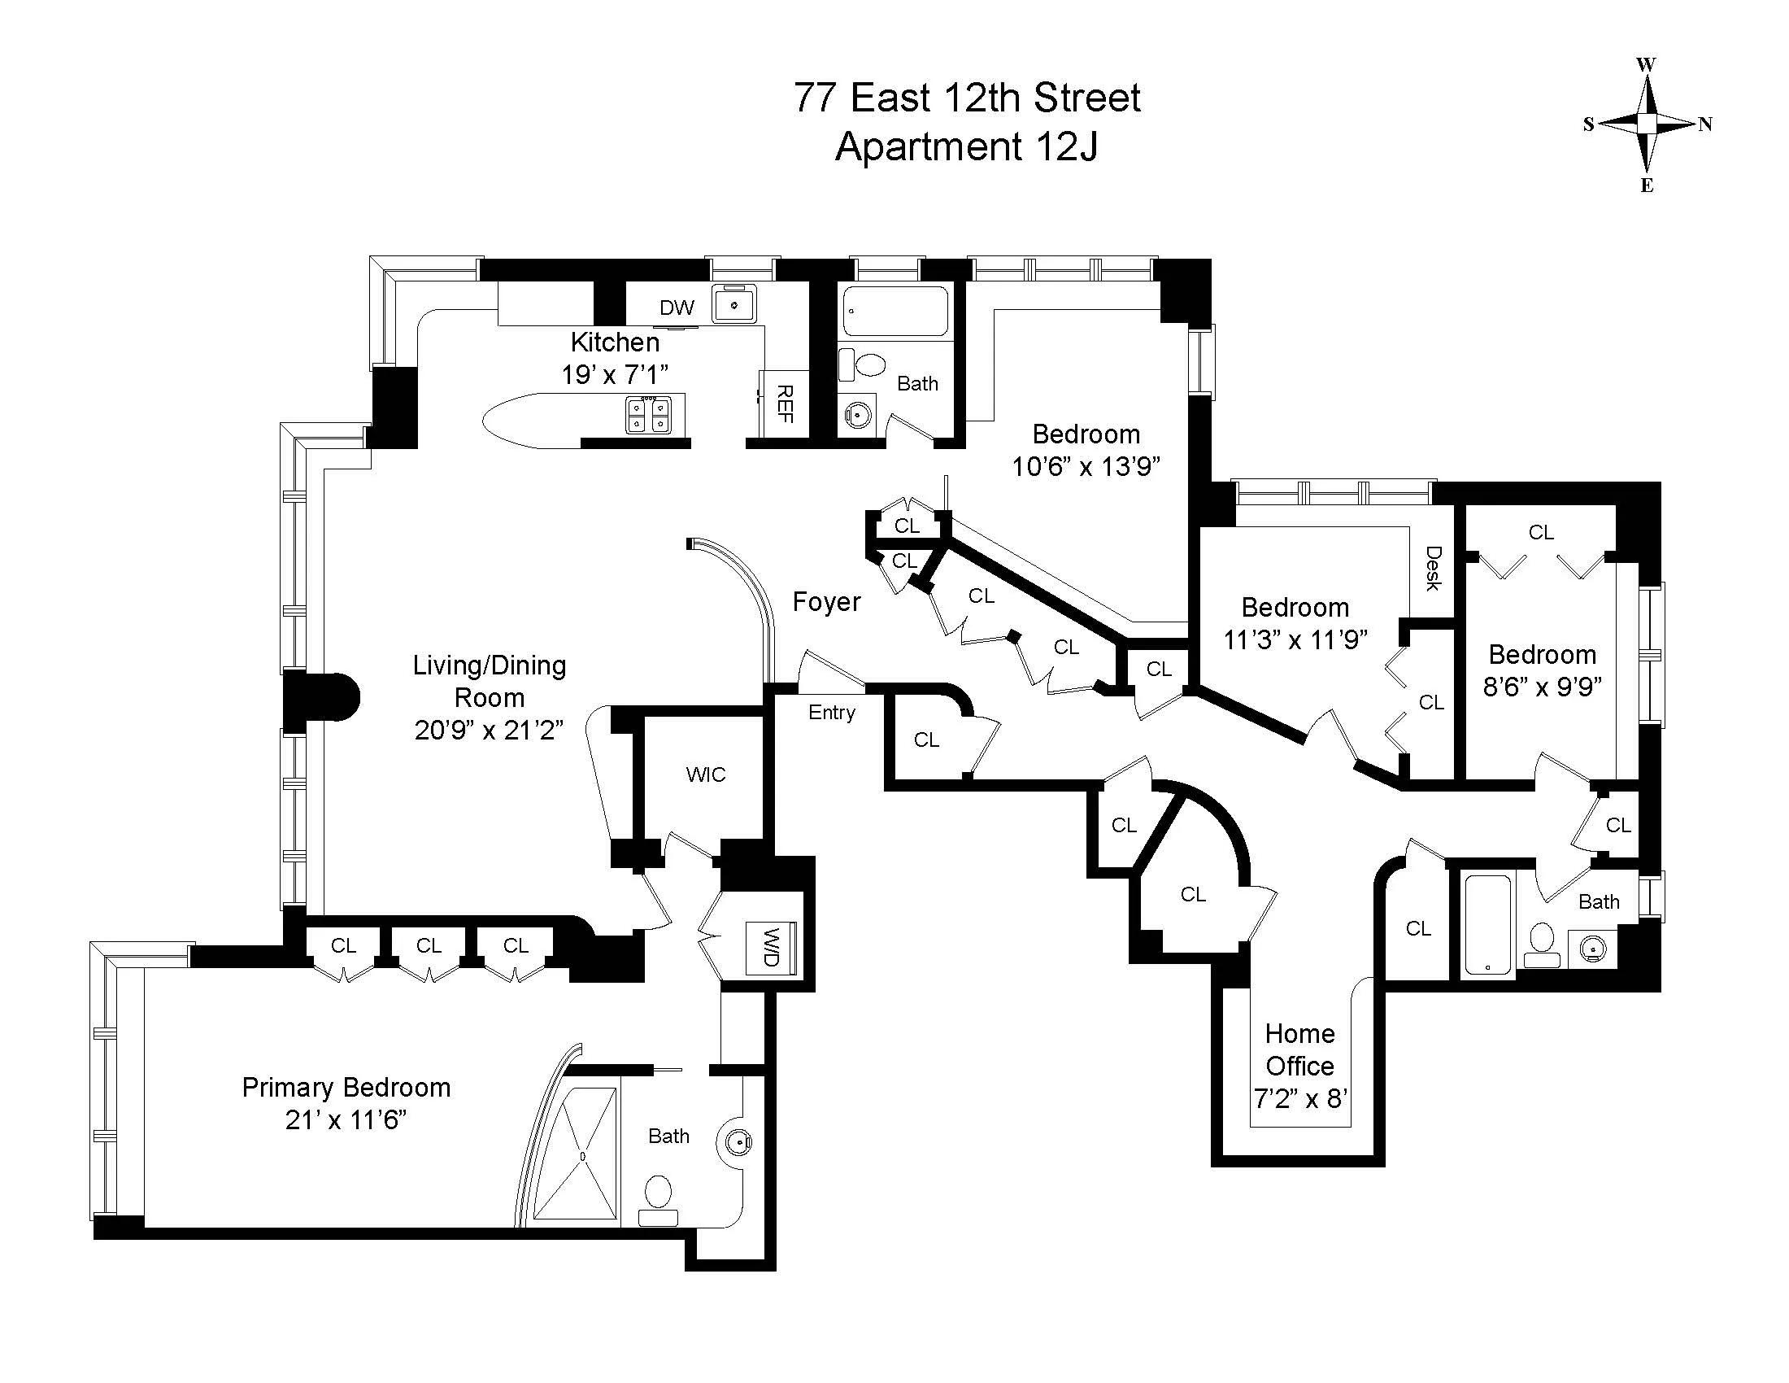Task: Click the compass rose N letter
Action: click(1704, 124)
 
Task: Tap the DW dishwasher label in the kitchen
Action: click(677, 308)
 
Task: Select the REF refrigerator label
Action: click(784, 404)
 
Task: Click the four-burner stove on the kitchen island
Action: click(648, 414)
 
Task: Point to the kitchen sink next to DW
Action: click(734, 305)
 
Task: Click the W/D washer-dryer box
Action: click(771, 948)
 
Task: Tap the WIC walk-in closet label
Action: click(705, 774)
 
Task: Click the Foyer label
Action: click(825, 602)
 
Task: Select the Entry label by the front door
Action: click(831, 712)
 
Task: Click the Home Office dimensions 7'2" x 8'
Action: click(1300, 1099)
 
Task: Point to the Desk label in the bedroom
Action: click(1433, 568)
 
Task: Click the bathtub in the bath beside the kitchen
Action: click(894, 311)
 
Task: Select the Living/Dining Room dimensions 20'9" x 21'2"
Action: click(489, 729)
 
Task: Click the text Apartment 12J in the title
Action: click(966, 147)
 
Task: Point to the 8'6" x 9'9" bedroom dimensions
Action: click(1542, 687)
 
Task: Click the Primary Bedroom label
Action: click(346, 1087)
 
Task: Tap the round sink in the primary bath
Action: click(738, 1141)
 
